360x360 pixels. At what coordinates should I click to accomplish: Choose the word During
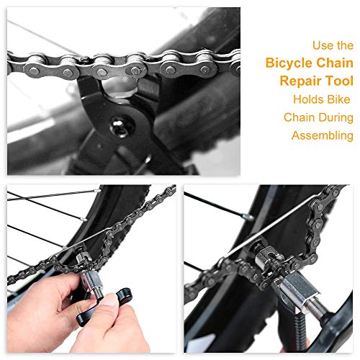click(336, 117)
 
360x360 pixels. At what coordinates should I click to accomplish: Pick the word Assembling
click(323, 135)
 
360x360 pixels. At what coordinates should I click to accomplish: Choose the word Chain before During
click(300, 117)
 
